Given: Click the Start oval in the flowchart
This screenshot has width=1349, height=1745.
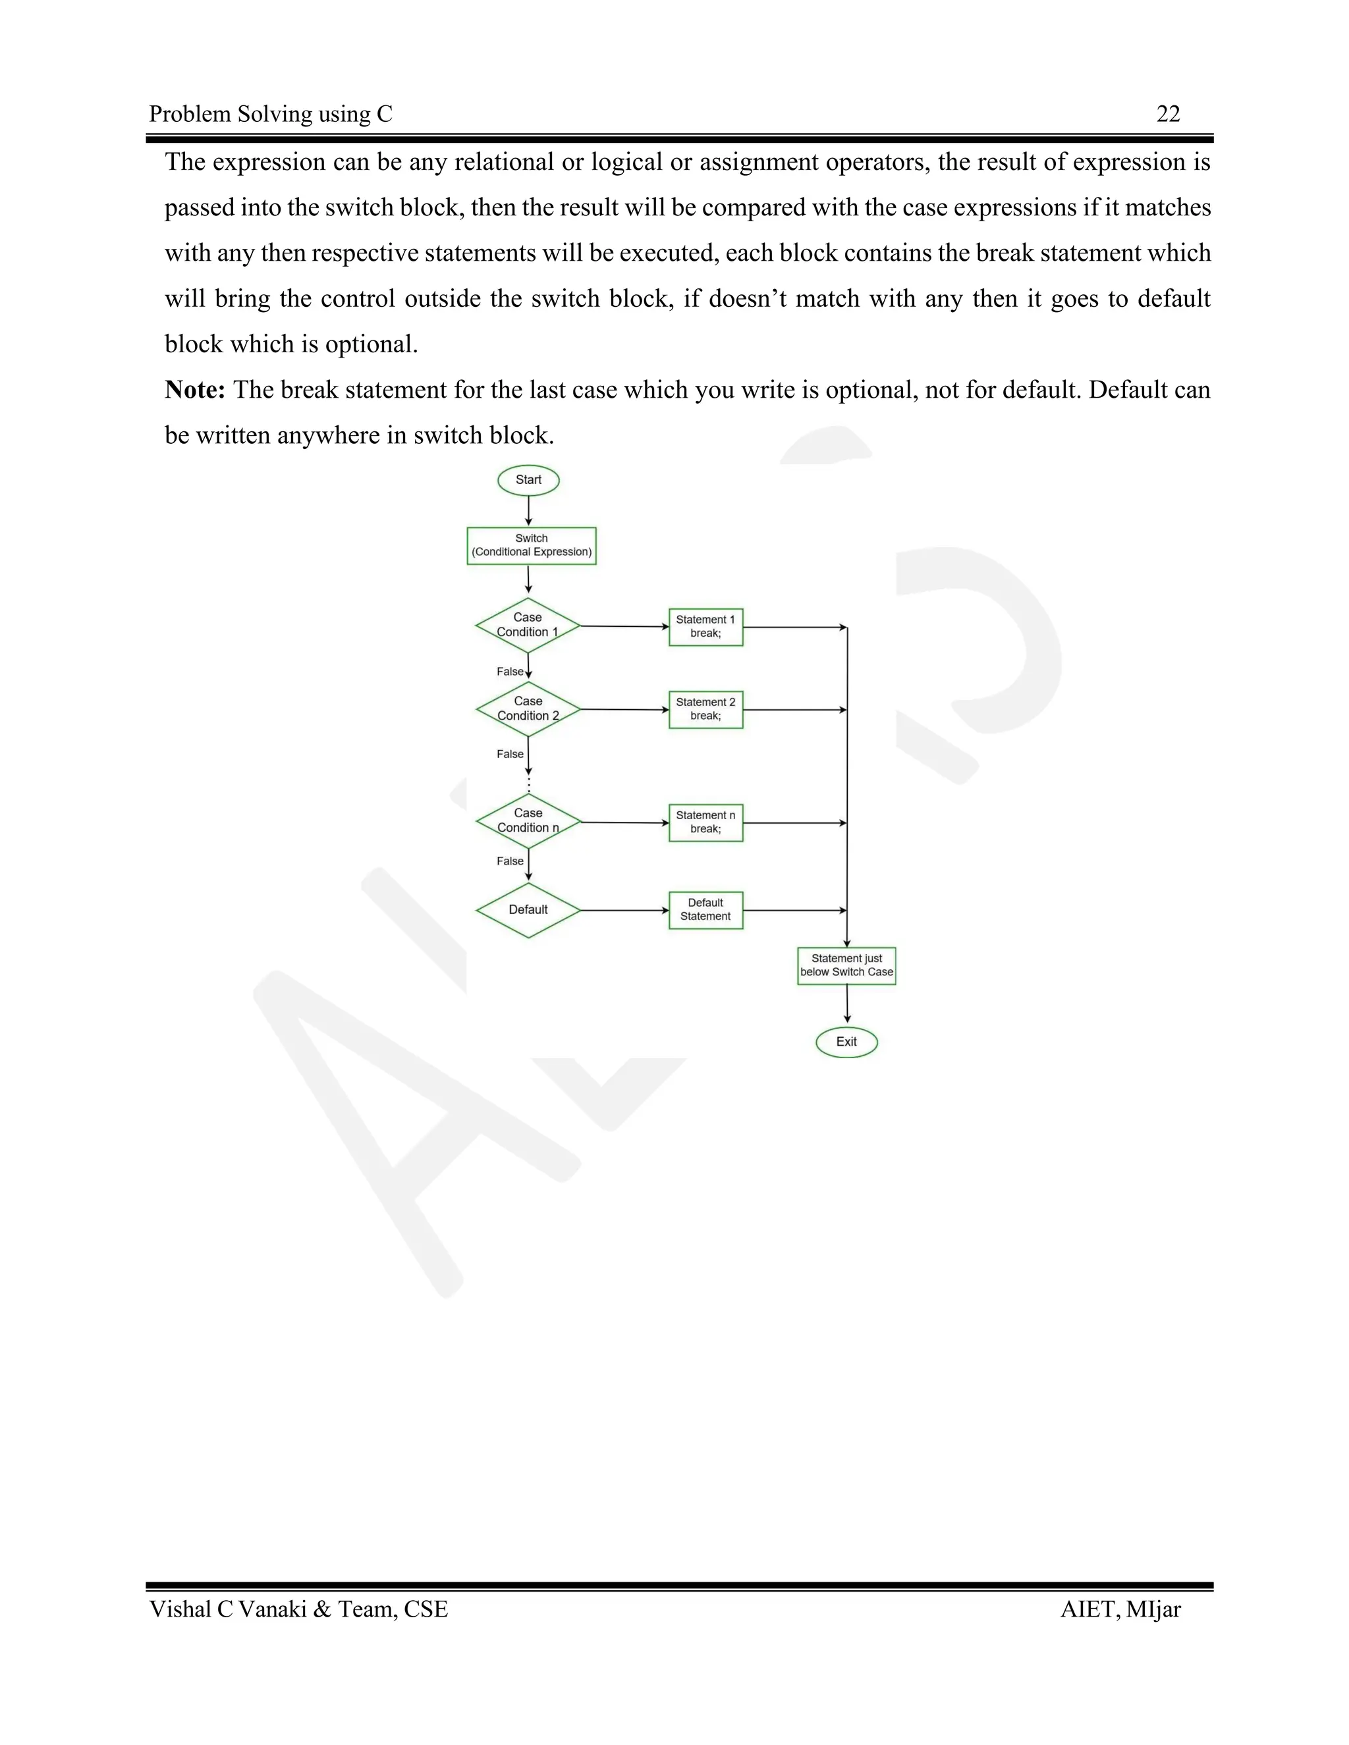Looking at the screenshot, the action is (528, 480).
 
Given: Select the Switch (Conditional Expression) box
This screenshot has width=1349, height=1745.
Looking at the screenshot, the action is (532, 546).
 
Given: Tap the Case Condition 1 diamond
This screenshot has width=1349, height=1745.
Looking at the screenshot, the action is (528, 626).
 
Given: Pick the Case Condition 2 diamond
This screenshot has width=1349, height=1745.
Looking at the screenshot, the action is (528, 709).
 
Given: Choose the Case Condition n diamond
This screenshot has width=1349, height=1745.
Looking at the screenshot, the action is (528, 821).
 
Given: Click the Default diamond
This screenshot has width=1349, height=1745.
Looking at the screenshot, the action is (528, 910).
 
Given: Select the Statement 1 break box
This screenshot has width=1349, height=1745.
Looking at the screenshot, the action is (705, 627).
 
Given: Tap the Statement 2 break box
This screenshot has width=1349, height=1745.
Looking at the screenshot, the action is (705, 709).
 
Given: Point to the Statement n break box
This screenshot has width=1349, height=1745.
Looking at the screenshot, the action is (705, 822).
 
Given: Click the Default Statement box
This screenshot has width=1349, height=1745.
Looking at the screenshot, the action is (705, 910).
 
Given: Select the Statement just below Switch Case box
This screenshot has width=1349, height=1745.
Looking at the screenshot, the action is (846, 966).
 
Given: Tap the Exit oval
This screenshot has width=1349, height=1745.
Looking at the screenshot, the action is (846, 1042).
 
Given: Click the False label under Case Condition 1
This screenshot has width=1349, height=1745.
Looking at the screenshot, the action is (510, 672).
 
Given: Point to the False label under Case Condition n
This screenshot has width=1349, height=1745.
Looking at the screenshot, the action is (510, 861).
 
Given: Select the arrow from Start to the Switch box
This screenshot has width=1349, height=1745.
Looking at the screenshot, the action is (528, 510).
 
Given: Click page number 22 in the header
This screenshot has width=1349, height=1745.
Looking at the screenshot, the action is (1168, 115).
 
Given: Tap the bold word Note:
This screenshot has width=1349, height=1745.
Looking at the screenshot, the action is (195, 390).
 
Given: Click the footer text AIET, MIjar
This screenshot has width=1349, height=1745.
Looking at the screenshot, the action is (1120, 1610).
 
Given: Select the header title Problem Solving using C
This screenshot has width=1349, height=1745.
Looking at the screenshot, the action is (271, 115).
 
